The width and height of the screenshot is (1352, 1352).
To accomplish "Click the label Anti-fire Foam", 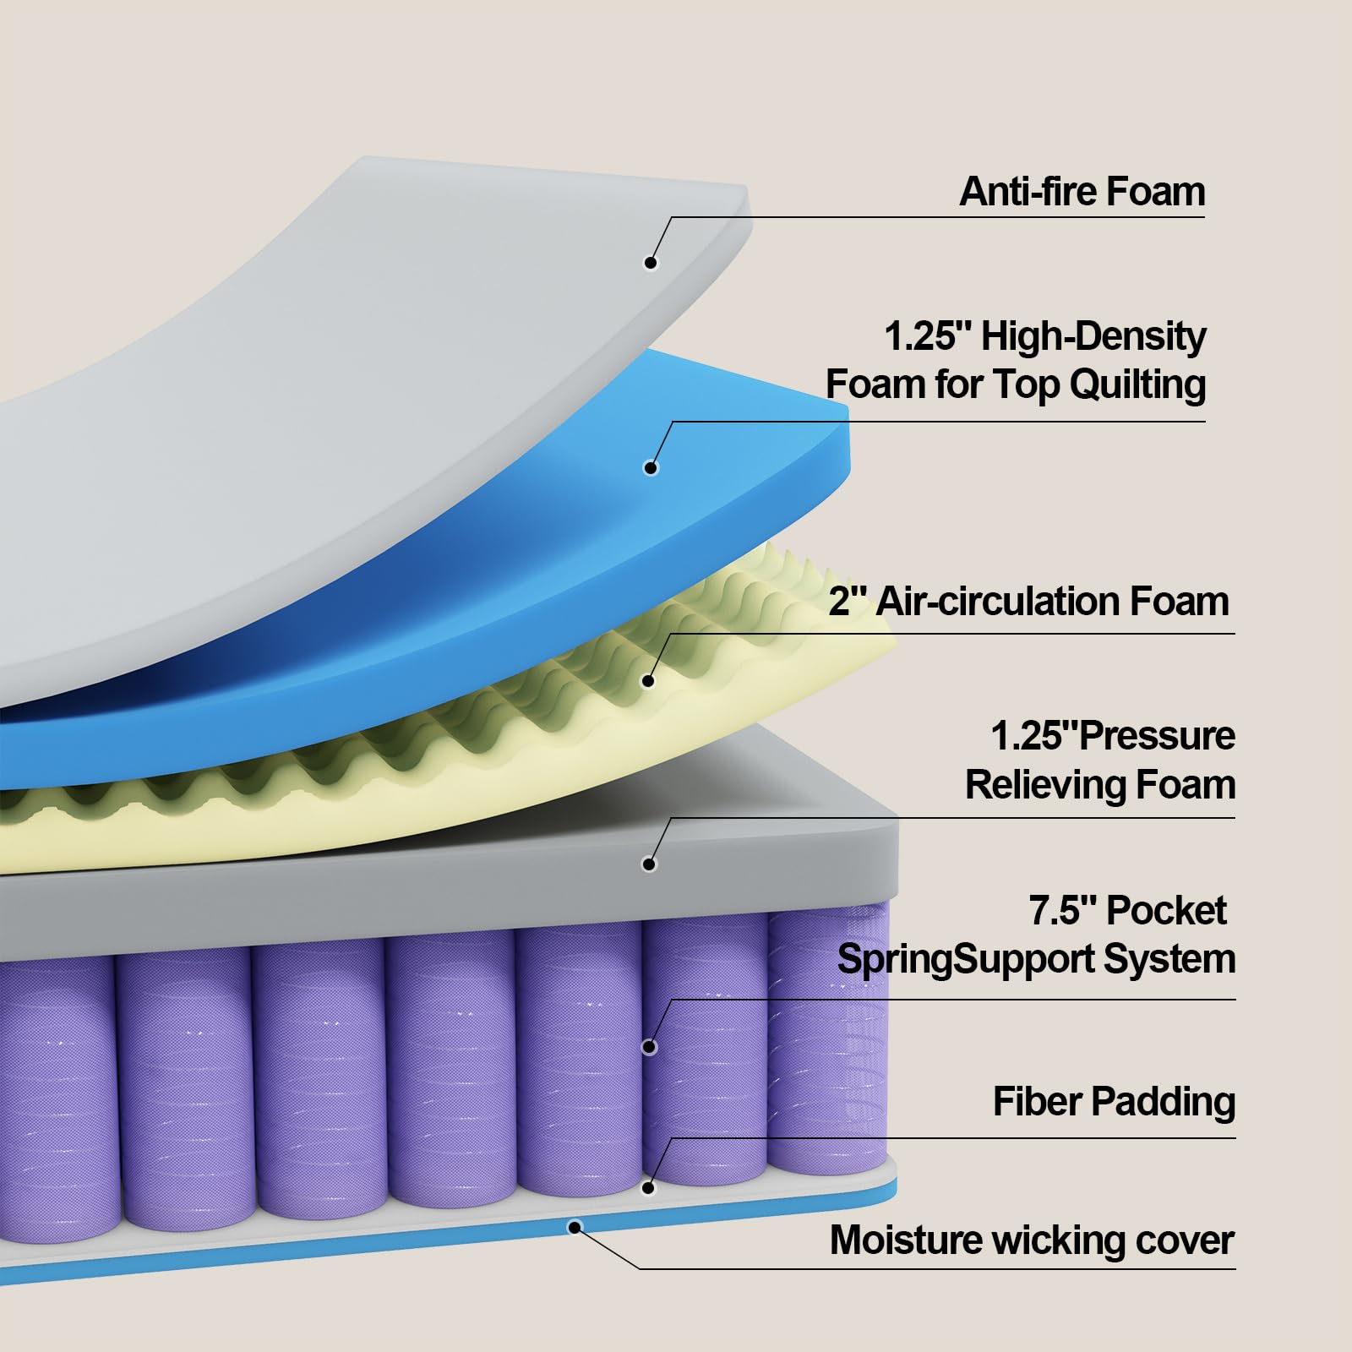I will (x=1082, y=192).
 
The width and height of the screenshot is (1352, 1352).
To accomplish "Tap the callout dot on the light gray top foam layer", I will (x=650, y=263).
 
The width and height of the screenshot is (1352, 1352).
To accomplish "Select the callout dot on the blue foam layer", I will (x=650, y=467).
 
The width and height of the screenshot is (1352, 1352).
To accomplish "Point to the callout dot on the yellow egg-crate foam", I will (x=649, y=680).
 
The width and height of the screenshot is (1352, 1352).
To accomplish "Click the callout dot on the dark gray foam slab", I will (x=649, y=864).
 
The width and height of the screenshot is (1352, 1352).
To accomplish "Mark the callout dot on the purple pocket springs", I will (x=649, y=1048).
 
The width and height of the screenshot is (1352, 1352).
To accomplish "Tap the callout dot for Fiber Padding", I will (x=648, y=1188).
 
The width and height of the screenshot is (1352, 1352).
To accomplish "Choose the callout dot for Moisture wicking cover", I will (x=575, y=1226).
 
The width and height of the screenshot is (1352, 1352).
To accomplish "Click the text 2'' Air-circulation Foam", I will (x=1028, y=602).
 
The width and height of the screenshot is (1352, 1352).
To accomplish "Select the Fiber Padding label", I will (x=1114, y=1102).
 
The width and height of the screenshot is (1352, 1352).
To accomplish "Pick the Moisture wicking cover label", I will (x=1032, y=1240).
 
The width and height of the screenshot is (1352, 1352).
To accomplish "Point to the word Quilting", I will (x=1137, y=384).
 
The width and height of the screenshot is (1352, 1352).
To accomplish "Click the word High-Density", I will (x=1093, y=337).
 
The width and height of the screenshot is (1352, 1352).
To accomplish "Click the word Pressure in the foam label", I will (x=1157, y=736).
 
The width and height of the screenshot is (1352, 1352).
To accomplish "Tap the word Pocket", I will (x=1166, y=911).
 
